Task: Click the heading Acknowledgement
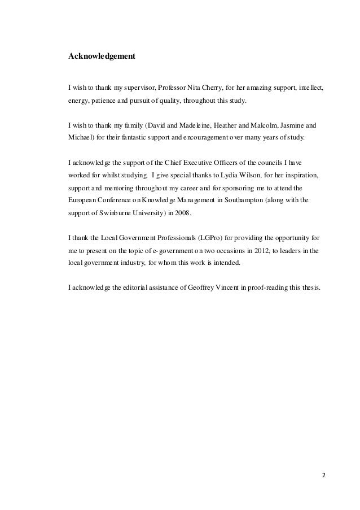coord(101,57)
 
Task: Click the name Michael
coord(80,137)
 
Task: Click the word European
coord(82,200)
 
